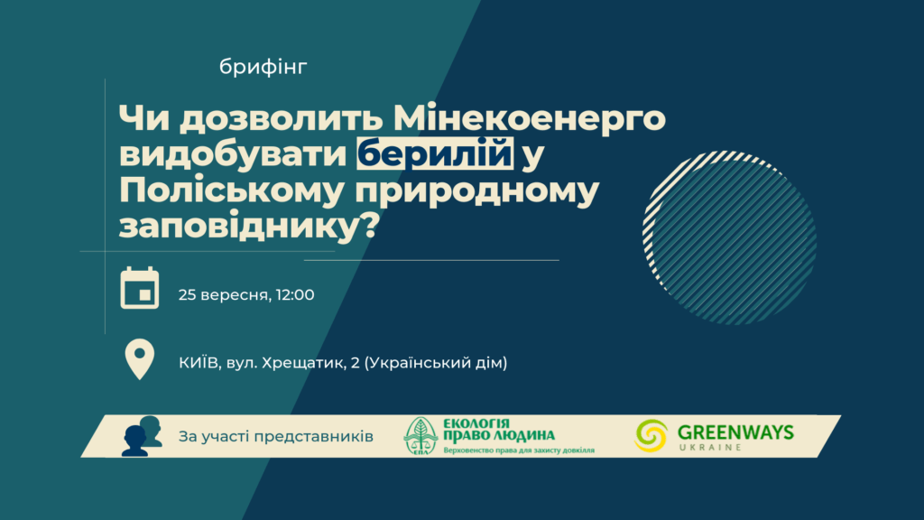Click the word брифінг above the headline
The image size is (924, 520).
tap(263, 68)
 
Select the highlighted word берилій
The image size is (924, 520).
tap(435, 153)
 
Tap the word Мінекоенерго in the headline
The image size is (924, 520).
tap(529, 117)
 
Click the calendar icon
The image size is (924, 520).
tap(140, 288)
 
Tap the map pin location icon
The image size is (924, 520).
tap(140, 359)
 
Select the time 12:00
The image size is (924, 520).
tap(295, 295)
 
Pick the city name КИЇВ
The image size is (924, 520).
tap(199, 362)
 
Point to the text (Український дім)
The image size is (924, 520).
tap(436, 363)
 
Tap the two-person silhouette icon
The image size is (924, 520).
tap(142, 436)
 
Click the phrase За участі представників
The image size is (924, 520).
tap(276, 437)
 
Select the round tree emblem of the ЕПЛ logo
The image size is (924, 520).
tap(420, 436)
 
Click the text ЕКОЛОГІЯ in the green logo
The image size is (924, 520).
tap(476, 424)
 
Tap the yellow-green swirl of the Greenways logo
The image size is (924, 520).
tap(651, 436)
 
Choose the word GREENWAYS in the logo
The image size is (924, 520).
tap(735, 432)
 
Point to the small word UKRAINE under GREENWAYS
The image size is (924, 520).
tap(710, 448)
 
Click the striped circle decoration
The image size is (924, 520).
tap(729, 237)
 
